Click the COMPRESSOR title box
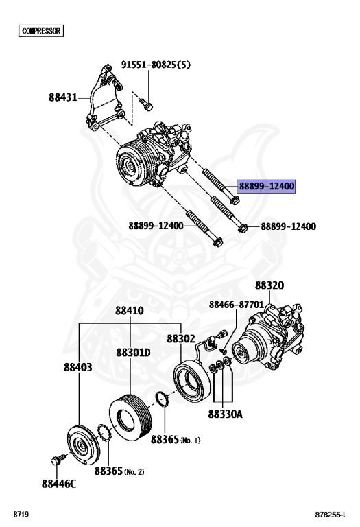pos(41,31)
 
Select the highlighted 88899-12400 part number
pos(266,186)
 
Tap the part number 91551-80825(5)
pos(156,65)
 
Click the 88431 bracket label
pos(63,97)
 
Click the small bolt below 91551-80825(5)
pos(147,104)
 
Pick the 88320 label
pos(269,285)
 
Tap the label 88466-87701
pos(237,305)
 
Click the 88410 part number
pos(130,311)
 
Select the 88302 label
pos(181,339)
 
